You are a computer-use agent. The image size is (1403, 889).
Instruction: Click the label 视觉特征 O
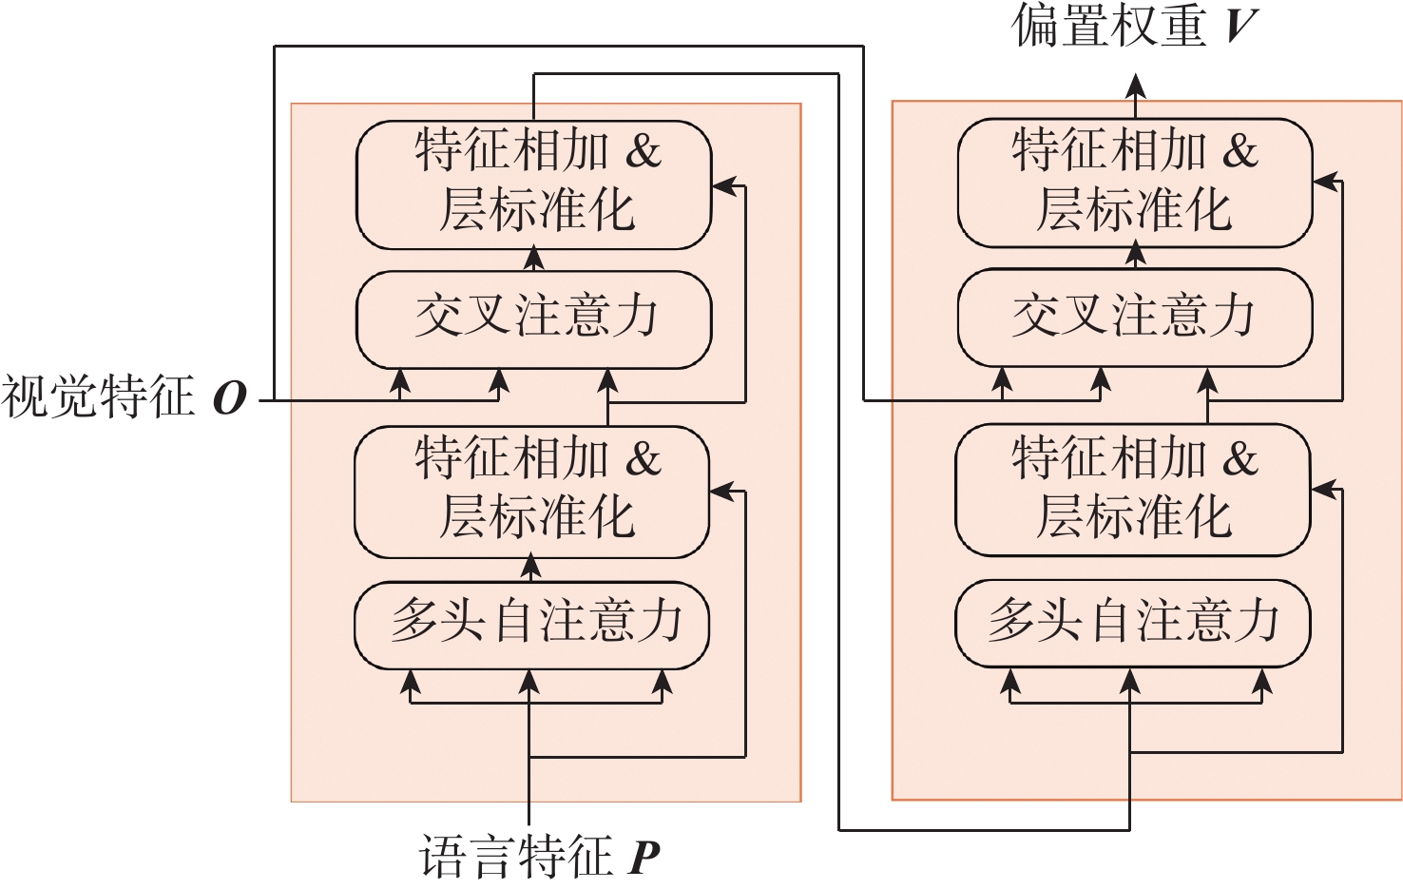[124, 397]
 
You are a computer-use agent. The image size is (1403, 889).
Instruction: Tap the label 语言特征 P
[539, 858]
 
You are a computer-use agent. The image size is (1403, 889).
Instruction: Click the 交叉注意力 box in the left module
[533, 319]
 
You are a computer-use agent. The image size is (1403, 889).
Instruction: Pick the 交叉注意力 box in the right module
[1134, 317]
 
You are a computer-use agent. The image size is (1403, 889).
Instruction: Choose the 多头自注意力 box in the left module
[532, 625]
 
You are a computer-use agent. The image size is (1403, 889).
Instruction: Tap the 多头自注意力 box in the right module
[1132, 623]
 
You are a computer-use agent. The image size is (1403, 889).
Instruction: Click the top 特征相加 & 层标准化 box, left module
[533, 184]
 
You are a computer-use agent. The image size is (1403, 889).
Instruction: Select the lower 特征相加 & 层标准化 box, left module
[532, 491]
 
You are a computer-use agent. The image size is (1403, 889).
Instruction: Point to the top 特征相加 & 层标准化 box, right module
[1135, 182]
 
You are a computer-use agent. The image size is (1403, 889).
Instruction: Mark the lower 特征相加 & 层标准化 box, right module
[1133, 489]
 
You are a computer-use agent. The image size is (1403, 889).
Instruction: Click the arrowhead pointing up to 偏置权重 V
[1135, 87]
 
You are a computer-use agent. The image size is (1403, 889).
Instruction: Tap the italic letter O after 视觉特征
[229, 398]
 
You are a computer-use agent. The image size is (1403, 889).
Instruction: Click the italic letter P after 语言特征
[644, 859]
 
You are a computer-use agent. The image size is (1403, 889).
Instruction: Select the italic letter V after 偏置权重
[1240, 26]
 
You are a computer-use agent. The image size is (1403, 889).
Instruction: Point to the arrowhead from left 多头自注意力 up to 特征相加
[531, 568]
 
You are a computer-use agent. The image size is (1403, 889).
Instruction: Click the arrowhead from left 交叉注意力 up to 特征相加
[534, 258]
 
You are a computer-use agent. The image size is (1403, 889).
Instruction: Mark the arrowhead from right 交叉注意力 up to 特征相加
[1135, 254]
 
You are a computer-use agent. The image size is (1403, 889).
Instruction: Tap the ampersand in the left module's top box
[644, 152]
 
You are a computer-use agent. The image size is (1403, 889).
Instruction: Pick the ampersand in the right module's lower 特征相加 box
[1240, 459]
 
